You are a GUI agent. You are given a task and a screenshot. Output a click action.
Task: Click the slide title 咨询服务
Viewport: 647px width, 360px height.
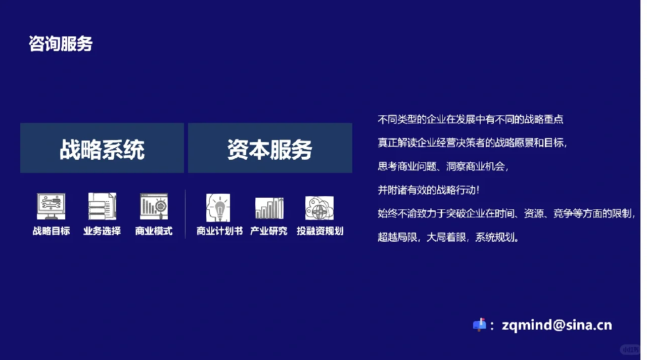(61, 44)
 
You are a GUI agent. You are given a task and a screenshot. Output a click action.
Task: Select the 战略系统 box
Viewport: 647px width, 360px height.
(102, 148)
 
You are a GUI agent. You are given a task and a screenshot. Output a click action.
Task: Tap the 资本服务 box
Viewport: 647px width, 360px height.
(270, 148)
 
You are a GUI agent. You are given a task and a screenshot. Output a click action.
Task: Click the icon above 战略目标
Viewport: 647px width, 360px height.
(51, 206)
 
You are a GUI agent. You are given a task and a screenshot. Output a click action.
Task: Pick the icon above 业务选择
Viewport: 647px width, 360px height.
(102, 206)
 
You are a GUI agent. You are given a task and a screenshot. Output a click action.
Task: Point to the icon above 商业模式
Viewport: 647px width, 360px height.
(154, 206)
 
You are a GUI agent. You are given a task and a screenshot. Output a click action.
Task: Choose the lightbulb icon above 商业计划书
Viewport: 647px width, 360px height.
(218, 207)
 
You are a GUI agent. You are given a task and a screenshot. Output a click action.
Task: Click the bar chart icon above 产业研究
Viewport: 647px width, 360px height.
(269, 207)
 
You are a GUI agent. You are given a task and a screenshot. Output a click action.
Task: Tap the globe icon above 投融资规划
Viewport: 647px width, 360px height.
(319, 207)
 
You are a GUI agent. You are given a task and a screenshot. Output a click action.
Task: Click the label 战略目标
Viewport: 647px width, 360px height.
(51, 231)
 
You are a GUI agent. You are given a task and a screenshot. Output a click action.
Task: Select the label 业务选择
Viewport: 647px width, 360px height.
(102, 231)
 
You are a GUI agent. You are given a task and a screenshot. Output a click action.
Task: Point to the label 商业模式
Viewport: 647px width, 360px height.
(154, 231)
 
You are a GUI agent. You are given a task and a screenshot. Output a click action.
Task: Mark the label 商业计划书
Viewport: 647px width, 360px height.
(219, 231)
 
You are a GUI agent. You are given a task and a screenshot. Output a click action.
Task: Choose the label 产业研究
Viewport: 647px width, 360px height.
(269, 231)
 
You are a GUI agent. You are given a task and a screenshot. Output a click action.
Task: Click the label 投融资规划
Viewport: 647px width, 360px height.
(320, 231)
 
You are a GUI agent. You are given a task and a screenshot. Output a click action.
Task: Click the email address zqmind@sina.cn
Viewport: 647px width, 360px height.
(557, 325)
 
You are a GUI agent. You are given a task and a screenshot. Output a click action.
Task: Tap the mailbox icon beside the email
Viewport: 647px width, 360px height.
(479, 324)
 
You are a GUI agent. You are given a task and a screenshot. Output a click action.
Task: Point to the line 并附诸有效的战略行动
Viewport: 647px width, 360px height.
(428, 190)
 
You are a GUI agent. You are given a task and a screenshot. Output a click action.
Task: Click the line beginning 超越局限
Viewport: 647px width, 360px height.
(448, 237)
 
